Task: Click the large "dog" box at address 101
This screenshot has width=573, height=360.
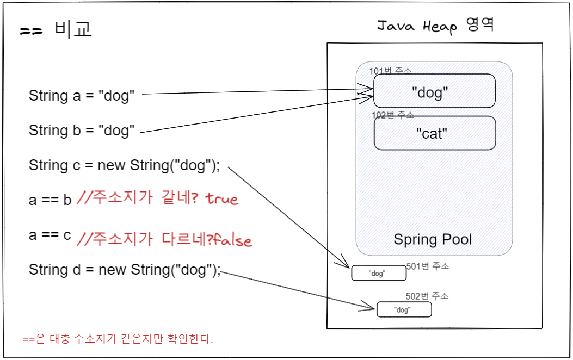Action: click(x=434, y=91)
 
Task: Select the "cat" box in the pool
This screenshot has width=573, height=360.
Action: click(x=434, y=133)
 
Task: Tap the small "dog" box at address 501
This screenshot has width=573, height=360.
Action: click(x=379, y=273)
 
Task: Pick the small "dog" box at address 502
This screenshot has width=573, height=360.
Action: click(x=404, y=310)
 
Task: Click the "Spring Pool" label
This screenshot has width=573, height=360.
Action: click(x=433, y=239)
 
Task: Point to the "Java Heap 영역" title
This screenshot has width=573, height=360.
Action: click(x=435, y=26)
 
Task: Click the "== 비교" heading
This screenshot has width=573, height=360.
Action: click(x=56, y=29)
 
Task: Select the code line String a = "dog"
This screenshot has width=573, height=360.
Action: click(x=82, y=96)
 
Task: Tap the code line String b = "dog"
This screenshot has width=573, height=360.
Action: click(x=82, y=131)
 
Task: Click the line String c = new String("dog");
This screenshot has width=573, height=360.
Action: click(x=125, y=165)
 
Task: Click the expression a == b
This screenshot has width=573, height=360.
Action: click(x=50, y=200)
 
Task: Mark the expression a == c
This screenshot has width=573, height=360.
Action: click(x=50, y=235)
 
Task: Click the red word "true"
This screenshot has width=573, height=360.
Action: click(x=222, y=199)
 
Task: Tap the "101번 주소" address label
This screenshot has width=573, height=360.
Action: click(x=390, y=71)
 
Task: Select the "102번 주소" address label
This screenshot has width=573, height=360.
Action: click(x=392, y=115)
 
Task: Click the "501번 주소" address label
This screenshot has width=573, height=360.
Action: click(x=427, y=266)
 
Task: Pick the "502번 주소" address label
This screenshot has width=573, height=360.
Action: click(x=427, y=296)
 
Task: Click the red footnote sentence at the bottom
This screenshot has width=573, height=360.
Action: click(x=118, y=339)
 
